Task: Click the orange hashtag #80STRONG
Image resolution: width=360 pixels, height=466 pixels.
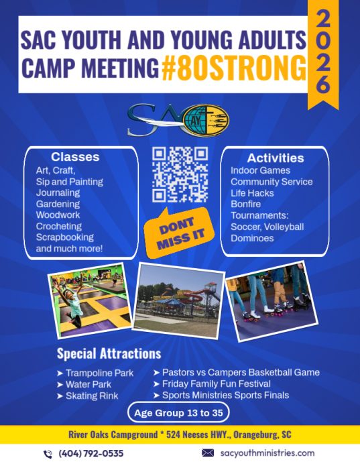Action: [x=234, y=68]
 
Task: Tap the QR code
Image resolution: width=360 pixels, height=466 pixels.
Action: [x=180, y=174]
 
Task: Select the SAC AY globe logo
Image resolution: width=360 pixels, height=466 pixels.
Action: [x=178, y=120]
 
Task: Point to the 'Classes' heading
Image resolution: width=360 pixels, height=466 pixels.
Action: [x=75, y=157]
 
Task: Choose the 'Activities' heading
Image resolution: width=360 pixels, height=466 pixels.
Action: [x=276, y=158]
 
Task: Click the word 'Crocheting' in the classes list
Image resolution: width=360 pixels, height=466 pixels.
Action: [x=59, y=226]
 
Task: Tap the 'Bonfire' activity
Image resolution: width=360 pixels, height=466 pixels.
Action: [x=246, y=205]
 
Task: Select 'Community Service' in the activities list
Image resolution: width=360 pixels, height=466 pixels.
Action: [x=272, y=182]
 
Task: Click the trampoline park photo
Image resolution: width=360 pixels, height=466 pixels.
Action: [x=90, y=301]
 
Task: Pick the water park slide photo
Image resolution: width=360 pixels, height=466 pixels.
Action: [x=178, y=300]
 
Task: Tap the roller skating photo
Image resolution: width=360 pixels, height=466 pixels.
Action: [x=272, y=301]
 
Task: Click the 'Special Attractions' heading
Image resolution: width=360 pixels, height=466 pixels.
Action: [x=109, y=353]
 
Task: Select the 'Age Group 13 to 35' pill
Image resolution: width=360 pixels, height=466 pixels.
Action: [x=178, y=412]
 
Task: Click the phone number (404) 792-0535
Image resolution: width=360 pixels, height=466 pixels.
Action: [x=91, y=453]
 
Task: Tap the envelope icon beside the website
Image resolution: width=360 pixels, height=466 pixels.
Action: [x=208, y=453]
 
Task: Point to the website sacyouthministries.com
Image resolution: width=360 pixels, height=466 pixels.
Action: [x=267, y=453]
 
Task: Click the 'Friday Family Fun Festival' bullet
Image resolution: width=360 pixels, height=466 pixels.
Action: [x=212, y=384]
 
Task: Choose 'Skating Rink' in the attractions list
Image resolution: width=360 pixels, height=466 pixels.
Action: [x=88, y=396]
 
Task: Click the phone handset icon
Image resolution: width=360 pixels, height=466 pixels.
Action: [x=48, y=454]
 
